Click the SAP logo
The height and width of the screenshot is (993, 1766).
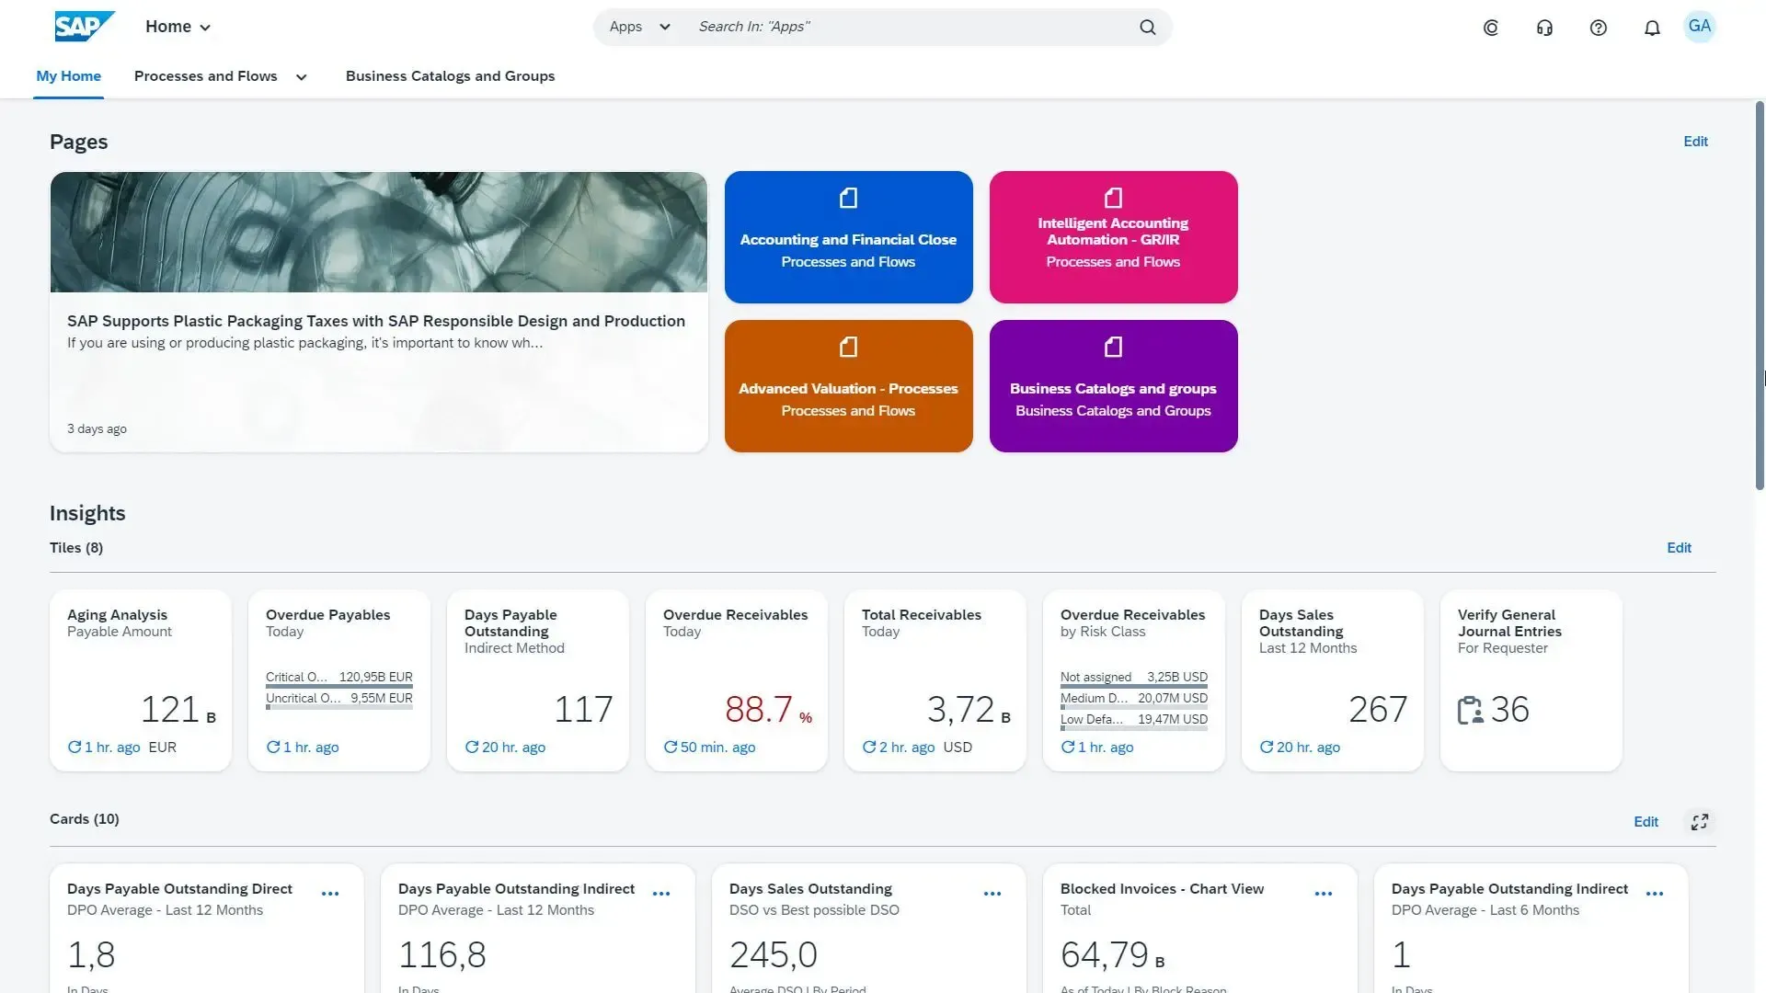(84, 27)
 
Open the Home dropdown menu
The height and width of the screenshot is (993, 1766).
(178, 27)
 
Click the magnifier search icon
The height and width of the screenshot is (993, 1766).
(1147, 28)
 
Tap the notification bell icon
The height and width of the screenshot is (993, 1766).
(1652, 28)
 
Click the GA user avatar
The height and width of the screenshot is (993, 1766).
(1699, 27)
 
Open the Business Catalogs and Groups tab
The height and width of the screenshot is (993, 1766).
(450, 76)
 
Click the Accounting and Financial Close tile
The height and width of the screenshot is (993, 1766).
(848, 237)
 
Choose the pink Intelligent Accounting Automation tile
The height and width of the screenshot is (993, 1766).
(1113, 237)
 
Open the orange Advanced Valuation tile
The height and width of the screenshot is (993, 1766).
(848, 386)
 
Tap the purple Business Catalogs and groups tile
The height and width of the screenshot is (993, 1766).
(1113, 386)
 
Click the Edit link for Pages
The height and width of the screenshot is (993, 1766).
(1695, 142)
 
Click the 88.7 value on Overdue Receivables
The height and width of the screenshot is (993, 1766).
(759, 710)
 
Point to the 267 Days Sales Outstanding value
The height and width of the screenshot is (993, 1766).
(1377, 710)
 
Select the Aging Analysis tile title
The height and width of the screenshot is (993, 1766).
(117, 615)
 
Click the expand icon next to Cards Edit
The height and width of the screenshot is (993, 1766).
(1700, 822)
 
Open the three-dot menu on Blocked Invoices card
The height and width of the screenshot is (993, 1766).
(1324, 894)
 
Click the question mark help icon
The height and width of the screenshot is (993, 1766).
(1599, 28)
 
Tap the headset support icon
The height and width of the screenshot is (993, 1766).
(1544, 28)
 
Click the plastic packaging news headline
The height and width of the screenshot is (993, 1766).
(375, 321)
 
